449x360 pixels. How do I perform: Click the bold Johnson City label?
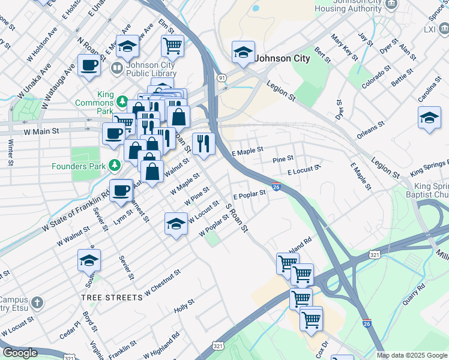pyautogui.click(x=283, y=59)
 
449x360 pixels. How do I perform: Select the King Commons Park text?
pyautogui.click(x=94, y=99)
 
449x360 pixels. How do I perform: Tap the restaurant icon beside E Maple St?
pyautogui.click(x=203, y=143)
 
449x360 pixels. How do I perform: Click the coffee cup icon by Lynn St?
pyautogui.click(x=121, y=190)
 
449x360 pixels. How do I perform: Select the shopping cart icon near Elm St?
pyautogui.click(x=172, y=45)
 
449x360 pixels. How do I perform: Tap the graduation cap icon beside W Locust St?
pyautogui.click(x=175, y=224)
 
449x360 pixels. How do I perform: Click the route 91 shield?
pyautogui.click(x=222, y=77)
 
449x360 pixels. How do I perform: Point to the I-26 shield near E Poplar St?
pyautogui.click(x=276, y=187)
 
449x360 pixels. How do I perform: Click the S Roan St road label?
pyautogui.click(x=237, y=218)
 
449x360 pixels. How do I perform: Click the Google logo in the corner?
pyautogui.click(x=19, y=353)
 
